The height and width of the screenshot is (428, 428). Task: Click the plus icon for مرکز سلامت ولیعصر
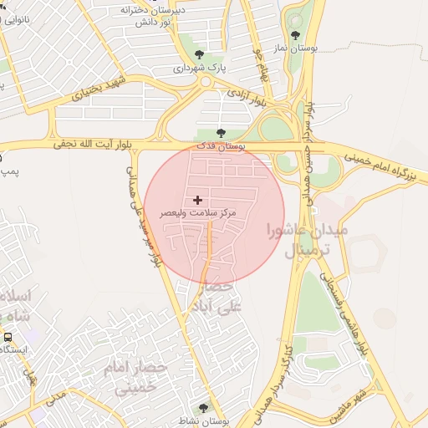coord(197,200)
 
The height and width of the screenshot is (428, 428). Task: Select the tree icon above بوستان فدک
coord(221,132)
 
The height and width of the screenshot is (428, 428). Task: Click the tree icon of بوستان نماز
coord(295,35)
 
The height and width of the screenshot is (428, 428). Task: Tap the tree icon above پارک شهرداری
coord(198,54)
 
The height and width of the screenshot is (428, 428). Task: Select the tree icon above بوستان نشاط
coord(203,408)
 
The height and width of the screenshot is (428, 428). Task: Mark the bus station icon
coord(8,336)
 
